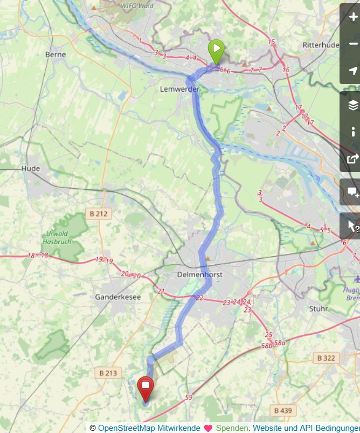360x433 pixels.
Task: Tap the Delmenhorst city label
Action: point(199,274)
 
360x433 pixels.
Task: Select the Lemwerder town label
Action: point(179,88)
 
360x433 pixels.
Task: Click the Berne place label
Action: point(56,54)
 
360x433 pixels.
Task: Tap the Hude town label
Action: point(31,169)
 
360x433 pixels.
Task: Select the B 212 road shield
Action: point(99,214)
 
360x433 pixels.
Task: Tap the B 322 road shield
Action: point(327,358)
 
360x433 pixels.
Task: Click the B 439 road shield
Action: point(283,411)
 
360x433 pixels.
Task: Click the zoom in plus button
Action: point(353,17)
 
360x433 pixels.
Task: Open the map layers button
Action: point(353,105)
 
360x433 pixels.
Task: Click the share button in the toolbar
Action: point(353,159)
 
